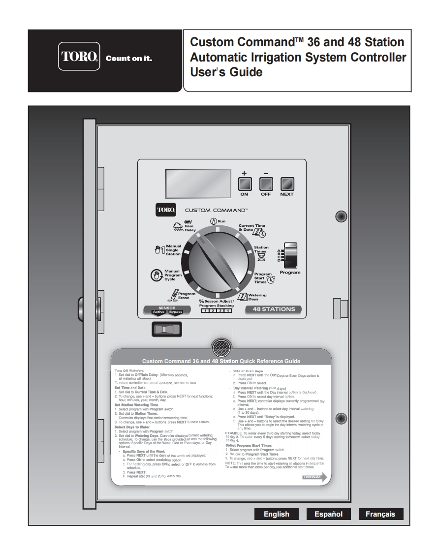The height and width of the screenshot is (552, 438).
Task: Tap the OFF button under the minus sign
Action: [x=266, y=184]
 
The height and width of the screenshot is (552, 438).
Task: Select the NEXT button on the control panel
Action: [x=287, y=184]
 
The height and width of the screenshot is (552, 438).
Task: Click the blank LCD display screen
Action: [x=198, y=183]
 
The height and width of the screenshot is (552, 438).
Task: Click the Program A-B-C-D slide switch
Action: [x=291, y=255]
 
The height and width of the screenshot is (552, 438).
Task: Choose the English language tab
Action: [x=277, y=514]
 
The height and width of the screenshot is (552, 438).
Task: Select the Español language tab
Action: [x=328, y=514]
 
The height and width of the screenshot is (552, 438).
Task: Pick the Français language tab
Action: [x=380, y=514]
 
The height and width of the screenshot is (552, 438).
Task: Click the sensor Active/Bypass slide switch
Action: [x=167, y=329]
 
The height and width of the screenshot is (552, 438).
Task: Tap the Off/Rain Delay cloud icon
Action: [x=178, y=226]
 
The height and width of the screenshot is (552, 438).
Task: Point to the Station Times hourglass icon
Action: [x=261, y=257]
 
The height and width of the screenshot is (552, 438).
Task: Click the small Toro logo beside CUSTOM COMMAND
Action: [x=163, y=210]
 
